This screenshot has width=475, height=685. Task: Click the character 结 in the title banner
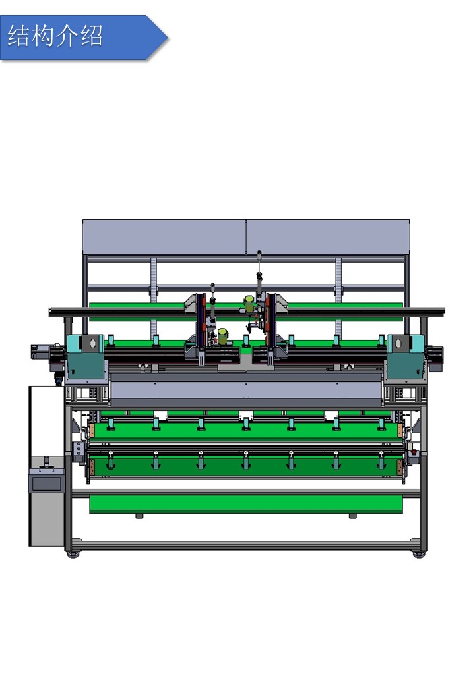click(18, 36)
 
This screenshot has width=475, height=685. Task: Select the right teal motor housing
click(406, 356)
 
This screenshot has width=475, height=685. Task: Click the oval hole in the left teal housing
click(92, 343)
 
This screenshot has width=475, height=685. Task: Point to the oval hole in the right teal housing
click(398, 343)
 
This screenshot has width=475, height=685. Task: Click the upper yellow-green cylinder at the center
click(249, 304)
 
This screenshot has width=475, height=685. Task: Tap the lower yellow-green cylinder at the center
click(223, 337)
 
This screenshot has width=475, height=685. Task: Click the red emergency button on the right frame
click(414, 452)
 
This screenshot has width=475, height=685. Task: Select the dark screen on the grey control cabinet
click(47, 483)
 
